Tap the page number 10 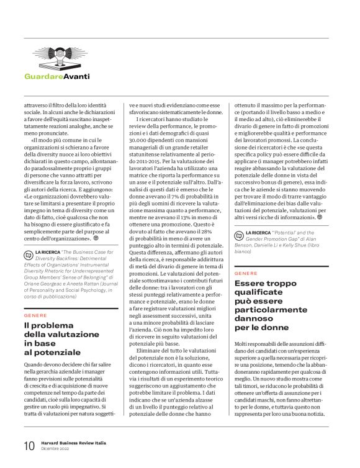click(29, 446)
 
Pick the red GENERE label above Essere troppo click(246, 272)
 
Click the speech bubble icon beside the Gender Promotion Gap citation click(240, 234)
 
